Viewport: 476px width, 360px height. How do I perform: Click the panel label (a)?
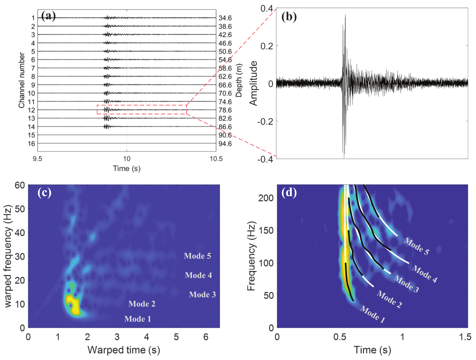point(48,15)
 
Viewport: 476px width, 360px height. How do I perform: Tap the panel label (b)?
point(289,16)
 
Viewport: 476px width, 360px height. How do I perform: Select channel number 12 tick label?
point(31,110)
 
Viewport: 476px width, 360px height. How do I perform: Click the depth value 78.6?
point(225,110)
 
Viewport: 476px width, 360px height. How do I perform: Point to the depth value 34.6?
point(225,18)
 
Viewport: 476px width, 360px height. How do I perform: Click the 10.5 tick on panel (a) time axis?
point(216,159)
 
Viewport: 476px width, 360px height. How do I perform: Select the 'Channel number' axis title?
point(21,80)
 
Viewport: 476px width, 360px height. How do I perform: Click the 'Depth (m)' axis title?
point(239,80)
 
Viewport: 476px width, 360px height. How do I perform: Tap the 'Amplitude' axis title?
point(253,83)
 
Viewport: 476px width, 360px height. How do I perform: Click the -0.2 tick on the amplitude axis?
point(265,122)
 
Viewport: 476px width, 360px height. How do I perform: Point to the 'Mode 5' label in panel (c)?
point(197,256)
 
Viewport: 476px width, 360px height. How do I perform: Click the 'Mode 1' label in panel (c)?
point(138,319)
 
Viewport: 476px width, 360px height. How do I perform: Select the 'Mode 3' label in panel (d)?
point(406,284)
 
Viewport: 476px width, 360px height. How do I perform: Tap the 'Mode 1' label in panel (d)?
point(373,314)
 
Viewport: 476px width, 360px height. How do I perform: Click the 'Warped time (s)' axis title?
point(124,350)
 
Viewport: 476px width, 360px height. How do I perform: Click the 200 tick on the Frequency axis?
point(266,198)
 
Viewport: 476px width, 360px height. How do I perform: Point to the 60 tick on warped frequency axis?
point(20,185)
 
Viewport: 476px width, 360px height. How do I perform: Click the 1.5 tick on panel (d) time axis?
point(465,337)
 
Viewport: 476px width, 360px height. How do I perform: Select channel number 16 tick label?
point(31,144)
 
